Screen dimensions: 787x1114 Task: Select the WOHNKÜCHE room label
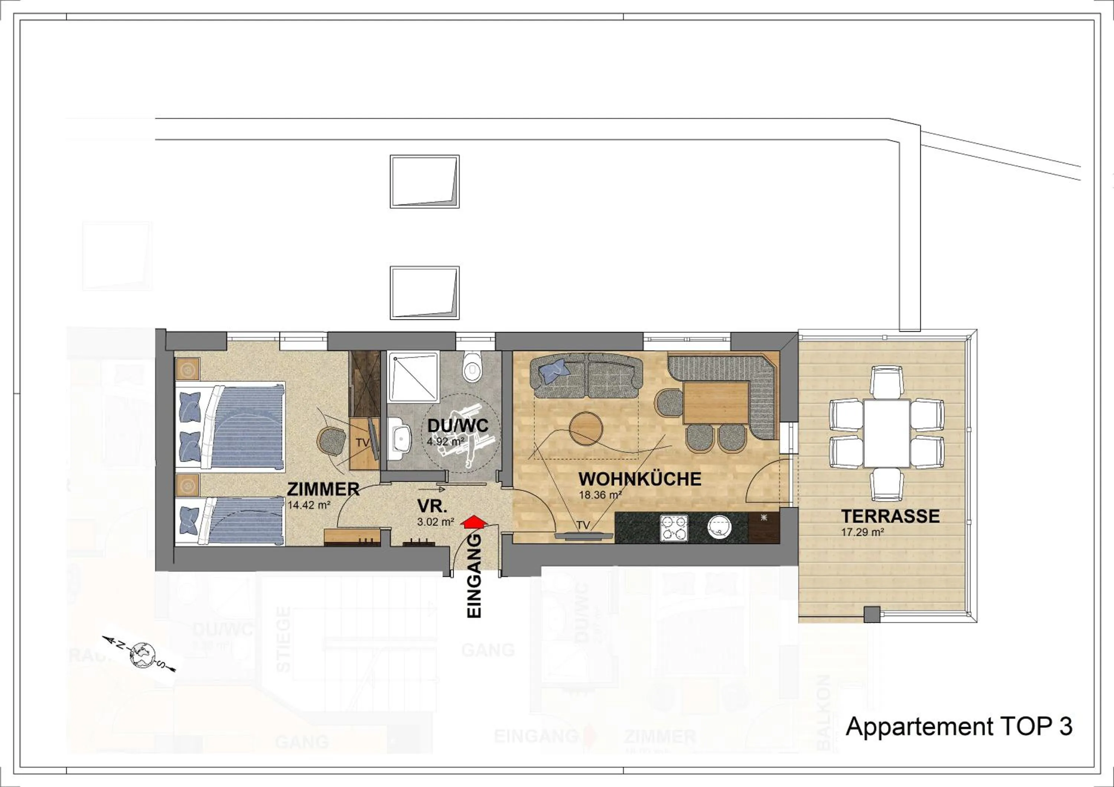click(639, 479)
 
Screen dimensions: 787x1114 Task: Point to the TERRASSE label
click(890, 516)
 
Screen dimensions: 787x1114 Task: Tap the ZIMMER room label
click(323, 489)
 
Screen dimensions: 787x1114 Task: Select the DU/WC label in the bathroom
click(457, 426)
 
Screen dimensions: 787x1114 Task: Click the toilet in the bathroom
click(472, 367)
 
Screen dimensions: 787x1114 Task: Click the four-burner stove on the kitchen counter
click(674, 528)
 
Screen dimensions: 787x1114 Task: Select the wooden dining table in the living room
click(716, 402)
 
